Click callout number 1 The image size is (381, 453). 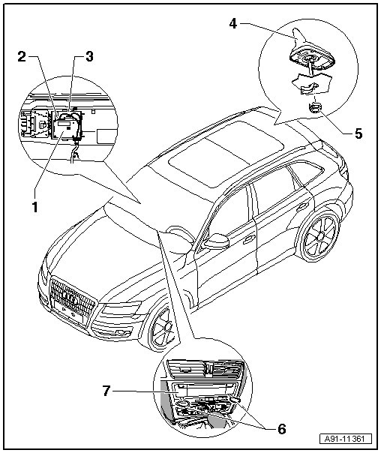click(35, 207)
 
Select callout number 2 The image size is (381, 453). click(22, 56)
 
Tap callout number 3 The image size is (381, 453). click(89, 56)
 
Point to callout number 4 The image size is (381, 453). click(233, 23)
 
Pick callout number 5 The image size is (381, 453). click(358, 133)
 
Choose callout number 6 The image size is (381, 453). click(282, 429)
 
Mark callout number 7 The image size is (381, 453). click(106, 391)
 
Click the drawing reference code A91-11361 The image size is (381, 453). click(346, 439)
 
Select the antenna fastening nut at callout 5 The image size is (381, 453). click(316, 108)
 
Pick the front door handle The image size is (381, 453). click(248, 238)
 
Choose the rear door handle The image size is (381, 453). click(301, 206)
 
